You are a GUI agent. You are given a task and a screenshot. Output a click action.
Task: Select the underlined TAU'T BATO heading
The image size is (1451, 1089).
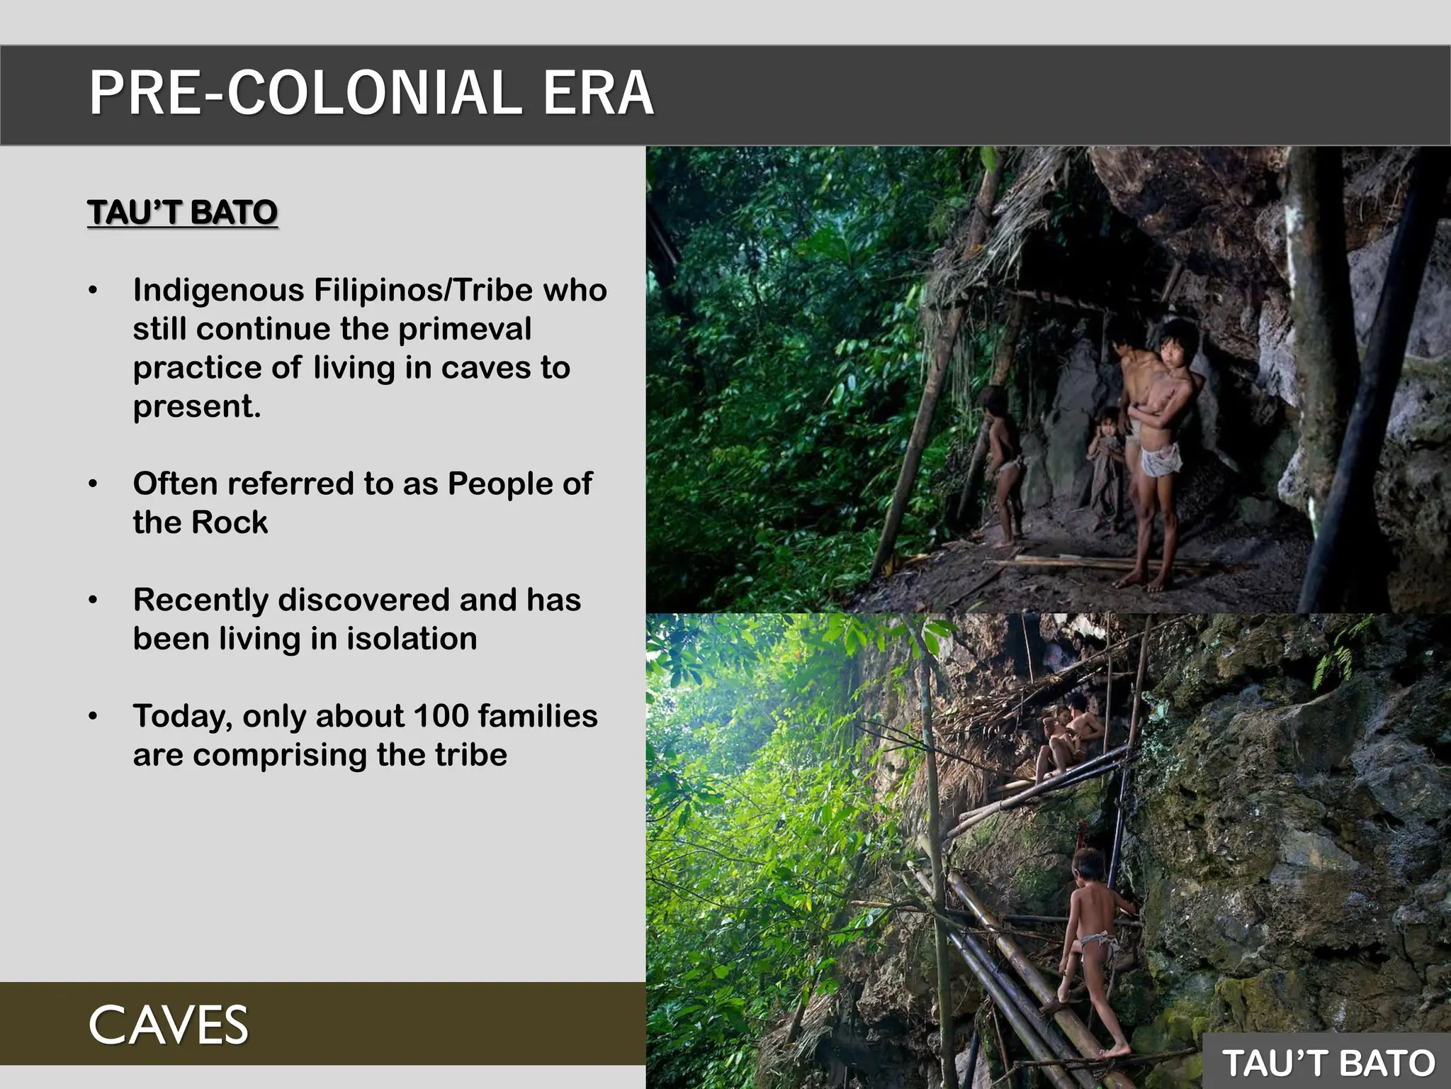[x=182, y=213]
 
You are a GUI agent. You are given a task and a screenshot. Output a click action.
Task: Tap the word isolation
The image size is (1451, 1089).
[x=411, y=639]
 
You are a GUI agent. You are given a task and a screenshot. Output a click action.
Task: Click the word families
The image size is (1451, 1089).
[x=538, y=716]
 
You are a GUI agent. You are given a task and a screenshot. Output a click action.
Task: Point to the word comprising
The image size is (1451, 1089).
[x=280, y=756]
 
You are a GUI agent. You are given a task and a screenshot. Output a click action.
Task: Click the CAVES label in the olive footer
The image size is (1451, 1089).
[x=169, y=1025]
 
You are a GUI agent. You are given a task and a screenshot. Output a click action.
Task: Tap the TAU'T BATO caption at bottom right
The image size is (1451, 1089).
[x=1328, y=1063]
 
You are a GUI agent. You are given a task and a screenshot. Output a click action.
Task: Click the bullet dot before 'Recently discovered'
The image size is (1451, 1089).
[x=93, y=601]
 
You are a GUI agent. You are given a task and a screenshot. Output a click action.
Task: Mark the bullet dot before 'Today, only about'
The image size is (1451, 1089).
[x=93, y=717]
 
